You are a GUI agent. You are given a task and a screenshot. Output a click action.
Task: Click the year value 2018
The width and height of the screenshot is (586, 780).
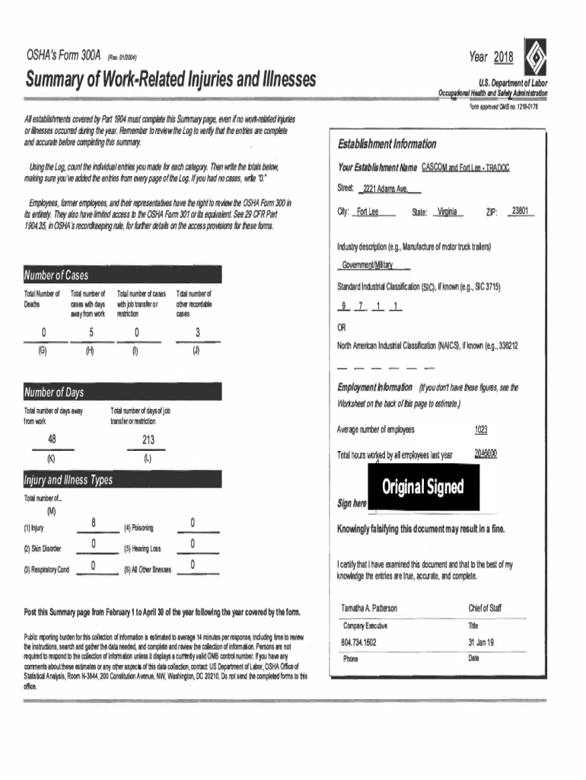click(x=503, y=58)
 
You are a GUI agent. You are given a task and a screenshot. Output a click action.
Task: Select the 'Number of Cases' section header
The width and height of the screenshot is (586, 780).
click(x=56, y=274)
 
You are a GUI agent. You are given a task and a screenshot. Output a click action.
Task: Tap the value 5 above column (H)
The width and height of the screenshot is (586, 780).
click(x=91, y=332)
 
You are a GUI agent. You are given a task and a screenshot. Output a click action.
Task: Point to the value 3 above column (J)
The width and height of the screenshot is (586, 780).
click(x=197, y=332)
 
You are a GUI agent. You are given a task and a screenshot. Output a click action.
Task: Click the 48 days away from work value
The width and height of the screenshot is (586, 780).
click(x=51, y=440)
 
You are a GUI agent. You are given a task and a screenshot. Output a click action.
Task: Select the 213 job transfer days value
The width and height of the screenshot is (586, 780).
click(x=148, y=440)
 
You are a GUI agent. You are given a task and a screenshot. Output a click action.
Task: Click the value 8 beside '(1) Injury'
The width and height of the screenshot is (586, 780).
click(x=93, y=522)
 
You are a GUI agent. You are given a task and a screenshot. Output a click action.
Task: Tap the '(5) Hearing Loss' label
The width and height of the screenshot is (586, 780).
click(x=142, y=548)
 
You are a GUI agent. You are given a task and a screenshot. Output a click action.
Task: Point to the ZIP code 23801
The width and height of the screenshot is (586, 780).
click(x=521, y=211)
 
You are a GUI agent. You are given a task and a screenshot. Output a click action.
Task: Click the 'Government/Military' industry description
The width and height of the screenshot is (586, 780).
click(x=367, y=265)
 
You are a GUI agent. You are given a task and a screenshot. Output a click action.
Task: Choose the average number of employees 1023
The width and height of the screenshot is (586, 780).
click(x=481, y=430)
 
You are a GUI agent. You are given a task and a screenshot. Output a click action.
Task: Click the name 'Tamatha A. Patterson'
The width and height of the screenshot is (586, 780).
click(x=369, y=608)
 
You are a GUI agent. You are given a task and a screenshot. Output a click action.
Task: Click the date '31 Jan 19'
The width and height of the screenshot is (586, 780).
click(x=481, y=642)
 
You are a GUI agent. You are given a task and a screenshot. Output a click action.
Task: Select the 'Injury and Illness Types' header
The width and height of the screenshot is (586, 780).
click(x=68, y=481)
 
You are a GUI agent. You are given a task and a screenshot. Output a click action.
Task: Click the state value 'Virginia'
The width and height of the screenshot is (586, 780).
click(x=447, y=212)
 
